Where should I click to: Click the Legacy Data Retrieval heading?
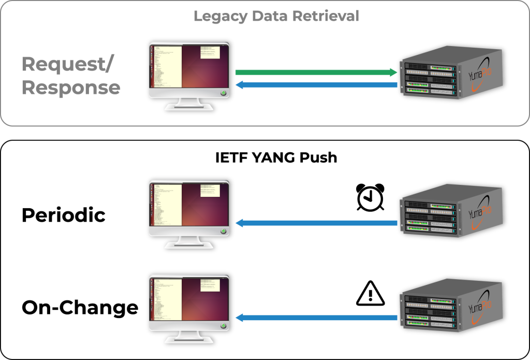click(x=276, y=16)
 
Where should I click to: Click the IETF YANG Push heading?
click(x=276, y=157)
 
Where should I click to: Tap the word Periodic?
click(x=63, y=215)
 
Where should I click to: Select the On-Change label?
click(x=80, y=308)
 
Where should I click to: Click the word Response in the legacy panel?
click(x=71, y=88)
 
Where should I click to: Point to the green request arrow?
click(x=316, y=73)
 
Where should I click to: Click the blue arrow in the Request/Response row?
click(x=316, y=85)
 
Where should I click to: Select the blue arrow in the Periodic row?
click(x=316, y=223)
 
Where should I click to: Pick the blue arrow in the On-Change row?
click(x=316, y=318)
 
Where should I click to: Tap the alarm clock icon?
click(x=371, y=197)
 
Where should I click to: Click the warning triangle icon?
click(x=371, y=293)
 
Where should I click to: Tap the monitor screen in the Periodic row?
click(x=189, y=205)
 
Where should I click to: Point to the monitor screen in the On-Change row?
click(x=189, y=299)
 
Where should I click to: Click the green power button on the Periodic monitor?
click(x=223, y=231)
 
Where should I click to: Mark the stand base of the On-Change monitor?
click(x=189, y=341)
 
